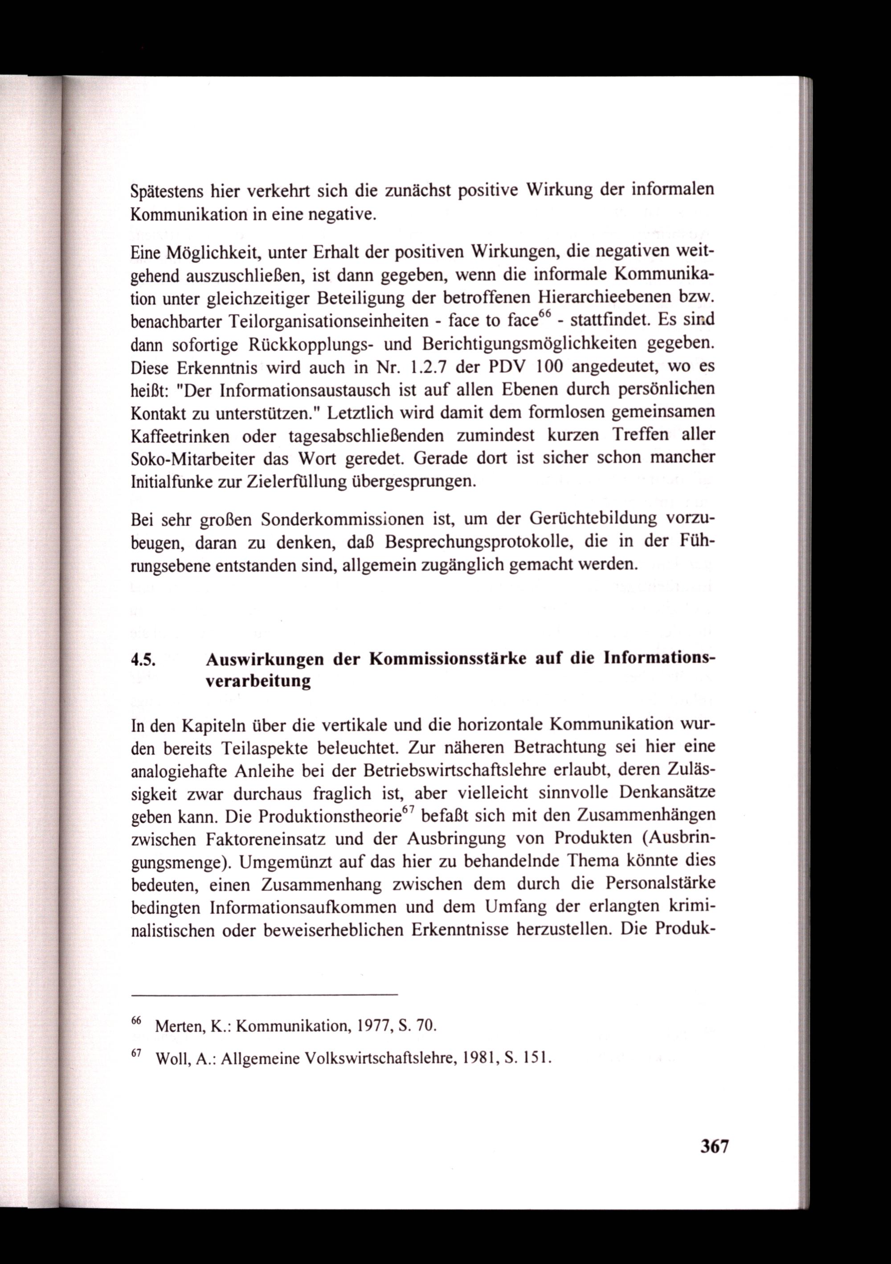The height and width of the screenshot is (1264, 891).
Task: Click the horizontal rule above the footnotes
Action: coord(264,995)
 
